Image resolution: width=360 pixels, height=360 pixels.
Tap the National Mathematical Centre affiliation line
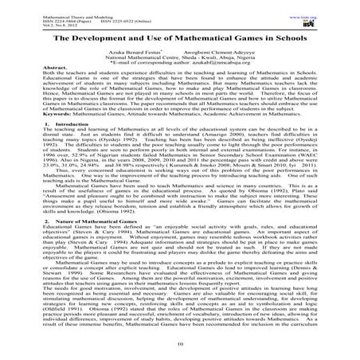180,58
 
